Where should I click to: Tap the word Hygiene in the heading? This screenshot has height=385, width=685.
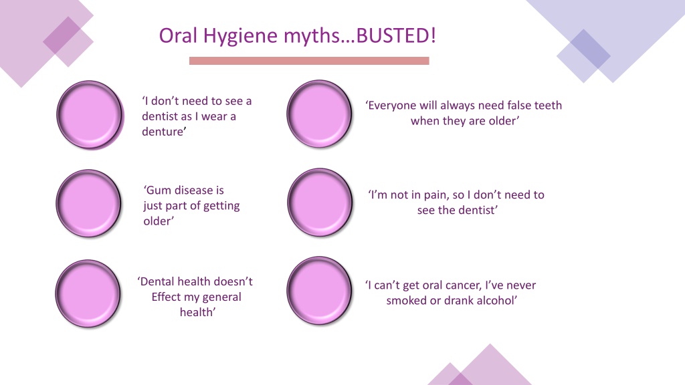click(240, 36)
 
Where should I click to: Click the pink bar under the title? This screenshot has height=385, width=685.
click(309, 61)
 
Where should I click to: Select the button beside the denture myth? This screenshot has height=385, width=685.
click(90, 115)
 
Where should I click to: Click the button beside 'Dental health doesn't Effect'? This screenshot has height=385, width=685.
click(88, 293)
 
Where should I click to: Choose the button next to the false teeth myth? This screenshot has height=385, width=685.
click(319, 114)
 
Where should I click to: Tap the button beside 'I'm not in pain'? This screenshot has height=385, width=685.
click(320, 203)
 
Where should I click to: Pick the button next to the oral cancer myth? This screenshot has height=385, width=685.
click(319, 291)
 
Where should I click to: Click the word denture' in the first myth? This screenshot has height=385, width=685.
click(164, 132)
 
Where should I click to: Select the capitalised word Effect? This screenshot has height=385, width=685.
click(166, 297)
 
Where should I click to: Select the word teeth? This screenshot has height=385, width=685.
click(548, 105)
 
